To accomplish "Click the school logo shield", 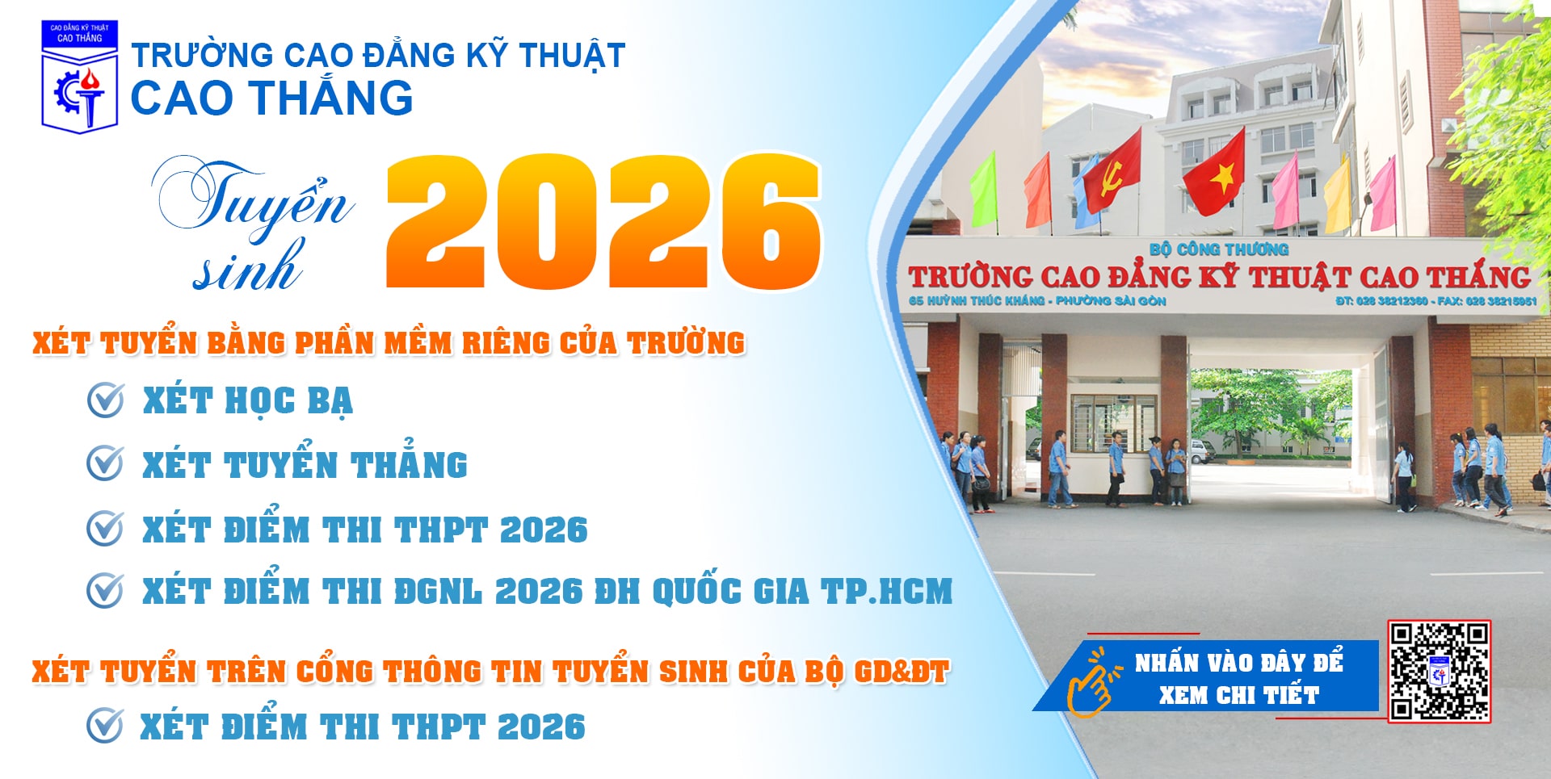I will [x=79, y=77].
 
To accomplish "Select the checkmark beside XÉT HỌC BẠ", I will [x=105, y=400].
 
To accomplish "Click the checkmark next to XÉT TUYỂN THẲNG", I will [x=105, y=463].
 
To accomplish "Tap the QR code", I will [x=1439, y=671].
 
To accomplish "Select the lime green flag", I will [x=983, y=189].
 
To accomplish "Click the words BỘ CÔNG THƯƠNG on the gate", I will [x=1218, y=249].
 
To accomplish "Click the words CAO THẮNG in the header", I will [x=271, y=98].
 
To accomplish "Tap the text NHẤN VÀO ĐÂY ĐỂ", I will [x=1238, y=663].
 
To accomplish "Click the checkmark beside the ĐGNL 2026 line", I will [x=105, y=590].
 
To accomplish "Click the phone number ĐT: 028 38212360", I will [x=1381, y=301].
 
